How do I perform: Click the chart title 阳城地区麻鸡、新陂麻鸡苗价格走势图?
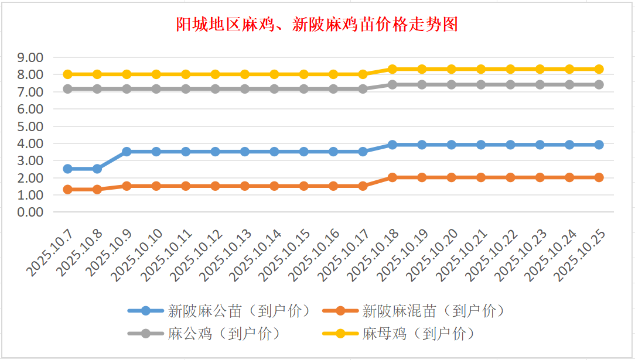[317, 25]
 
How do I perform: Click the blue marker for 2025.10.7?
[67, 169]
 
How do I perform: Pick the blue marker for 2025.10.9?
[127, 152]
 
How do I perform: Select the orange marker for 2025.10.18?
[392, 177]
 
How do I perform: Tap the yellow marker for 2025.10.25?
[599, 69]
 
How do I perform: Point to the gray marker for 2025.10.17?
[363, 89]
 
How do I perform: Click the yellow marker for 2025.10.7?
[67, 74]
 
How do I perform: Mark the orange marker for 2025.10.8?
[97, 189]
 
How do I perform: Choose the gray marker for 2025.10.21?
[481, 84]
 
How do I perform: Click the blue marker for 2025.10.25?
[599, 145]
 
